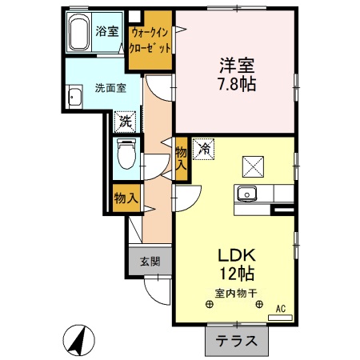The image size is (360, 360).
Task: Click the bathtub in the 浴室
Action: (80, 34)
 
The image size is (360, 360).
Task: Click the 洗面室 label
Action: (110, 88)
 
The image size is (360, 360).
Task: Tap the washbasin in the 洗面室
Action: (77, 98)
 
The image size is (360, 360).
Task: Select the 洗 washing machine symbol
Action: (126, 122)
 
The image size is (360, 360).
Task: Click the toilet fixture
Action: (126, 151)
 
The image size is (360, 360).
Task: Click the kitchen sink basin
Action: (246, 194)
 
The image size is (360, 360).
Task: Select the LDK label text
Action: (236, 257)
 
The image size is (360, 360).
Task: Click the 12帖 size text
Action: (236, 274)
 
